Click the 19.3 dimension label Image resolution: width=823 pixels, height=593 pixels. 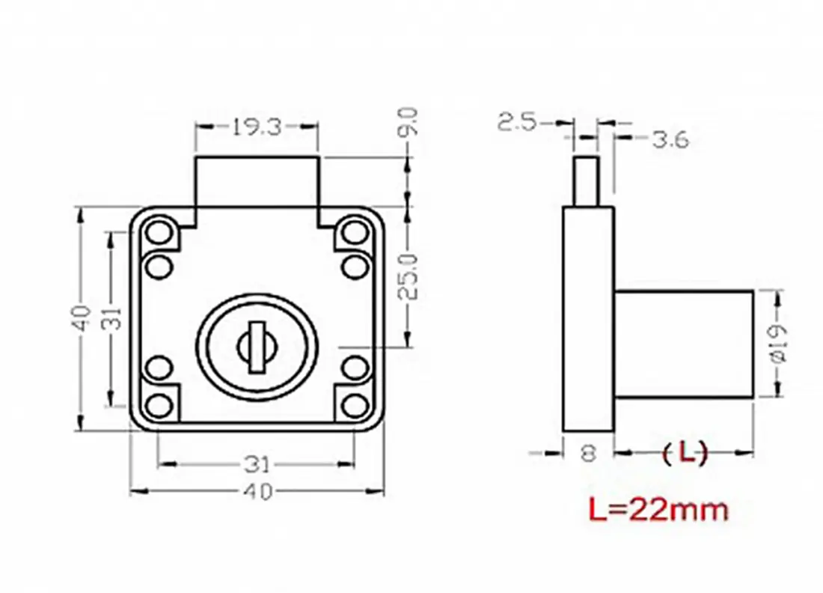coord(257,127)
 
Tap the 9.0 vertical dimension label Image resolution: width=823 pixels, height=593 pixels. coord(409,122)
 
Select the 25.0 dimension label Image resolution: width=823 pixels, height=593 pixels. coord(409,277)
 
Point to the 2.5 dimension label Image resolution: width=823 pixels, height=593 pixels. coord(518,123)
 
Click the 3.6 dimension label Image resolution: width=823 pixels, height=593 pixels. coord(670,140)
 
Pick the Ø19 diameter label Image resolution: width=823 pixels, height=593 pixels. coord(779,342)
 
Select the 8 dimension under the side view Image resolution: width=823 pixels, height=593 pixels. coord(589,453)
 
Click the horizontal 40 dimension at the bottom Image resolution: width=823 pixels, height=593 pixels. coord(258,492)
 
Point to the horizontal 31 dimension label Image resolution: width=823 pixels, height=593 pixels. coord(257,463)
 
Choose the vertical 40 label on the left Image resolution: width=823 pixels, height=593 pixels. coord(81,318)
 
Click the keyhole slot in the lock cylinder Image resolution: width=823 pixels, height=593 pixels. coord(257,347)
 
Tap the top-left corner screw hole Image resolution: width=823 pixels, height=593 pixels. coord(159,231)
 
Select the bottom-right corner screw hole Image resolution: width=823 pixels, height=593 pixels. coord(355,406)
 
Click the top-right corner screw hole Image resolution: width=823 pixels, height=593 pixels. coord(355,231)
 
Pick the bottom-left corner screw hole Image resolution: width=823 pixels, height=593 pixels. coord(159,406)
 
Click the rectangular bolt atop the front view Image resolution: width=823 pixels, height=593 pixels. coord(257,181)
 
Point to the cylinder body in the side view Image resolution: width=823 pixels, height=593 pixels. coord(684,344)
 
